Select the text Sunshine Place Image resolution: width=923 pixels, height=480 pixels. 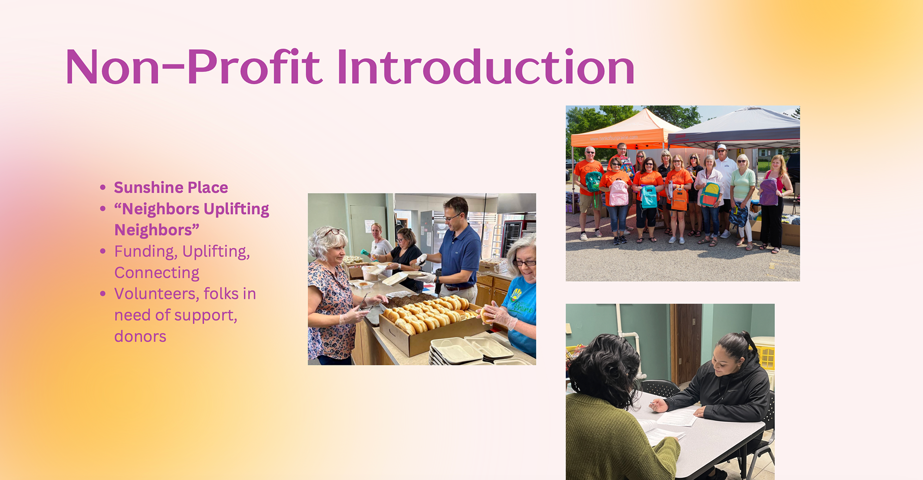(x=171, y=187)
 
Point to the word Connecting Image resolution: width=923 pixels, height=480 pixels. (x=157, y=273)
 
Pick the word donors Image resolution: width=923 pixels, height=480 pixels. (x=140, y=336)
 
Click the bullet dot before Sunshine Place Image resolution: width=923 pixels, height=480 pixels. (x=102, y=187)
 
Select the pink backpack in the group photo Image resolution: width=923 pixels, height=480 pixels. (x=619, y=193)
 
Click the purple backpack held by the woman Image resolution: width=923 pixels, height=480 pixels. (x=769, y=192)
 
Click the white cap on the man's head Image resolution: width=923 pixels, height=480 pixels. (x=721, y=147)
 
